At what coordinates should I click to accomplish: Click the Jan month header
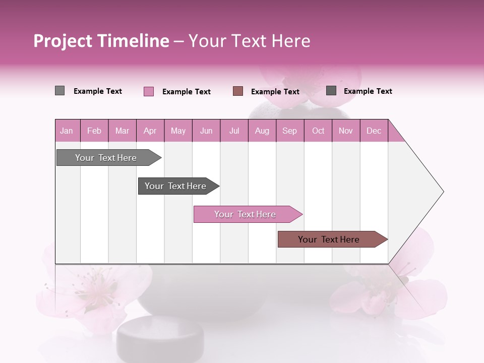[67, 131]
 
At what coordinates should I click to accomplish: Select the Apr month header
[150, 131]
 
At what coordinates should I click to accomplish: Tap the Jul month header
[234, 131]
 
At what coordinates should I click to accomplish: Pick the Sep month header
[289, 131]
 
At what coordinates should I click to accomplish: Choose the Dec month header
[374, 131]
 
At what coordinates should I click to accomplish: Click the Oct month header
[318, 131]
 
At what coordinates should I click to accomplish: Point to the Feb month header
[94, 131]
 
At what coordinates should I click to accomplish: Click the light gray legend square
[59, 91]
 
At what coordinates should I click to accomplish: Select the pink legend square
[149, 91]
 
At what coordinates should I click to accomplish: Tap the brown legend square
[238, 91]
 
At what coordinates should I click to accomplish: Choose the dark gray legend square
[331, 90]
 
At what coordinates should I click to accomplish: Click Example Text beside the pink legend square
[186, 92]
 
